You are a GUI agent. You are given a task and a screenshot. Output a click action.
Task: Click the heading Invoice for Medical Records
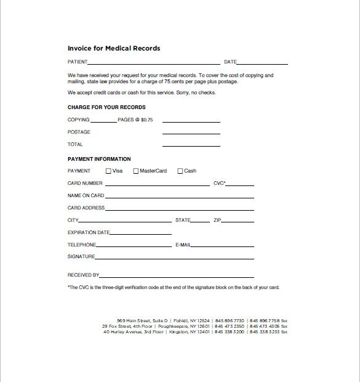point(114,48)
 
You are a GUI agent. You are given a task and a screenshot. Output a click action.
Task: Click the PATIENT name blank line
point(154,63)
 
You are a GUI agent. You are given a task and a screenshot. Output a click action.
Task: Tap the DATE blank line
point(262,63)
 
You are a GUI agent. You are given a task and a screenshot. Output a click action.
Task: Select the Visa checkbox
point(109,171)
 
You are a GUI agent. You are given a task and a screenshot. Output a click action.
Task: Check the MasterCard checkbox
point(136,171)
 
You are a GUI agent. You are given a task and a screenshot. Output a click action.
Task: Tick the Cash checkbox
point(180,171)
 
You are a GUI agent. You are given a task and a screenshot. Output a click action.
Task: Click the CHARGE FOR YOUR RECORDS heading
point(106,107)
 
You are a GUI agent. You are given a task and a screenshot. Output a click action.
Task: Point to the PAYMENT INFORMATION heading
point(99,159)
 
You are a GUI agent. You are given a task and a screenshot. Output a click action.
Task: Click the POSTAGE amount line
point(191,133)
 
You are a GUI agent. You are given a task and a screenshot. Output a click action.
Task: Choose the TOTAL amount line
point(191,145)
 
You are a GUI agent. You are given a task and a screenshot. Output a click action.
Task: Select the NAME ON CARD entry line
point(180,197)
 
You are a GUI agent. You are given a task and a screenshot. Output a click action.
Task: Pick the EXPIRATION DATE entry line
point(141,234)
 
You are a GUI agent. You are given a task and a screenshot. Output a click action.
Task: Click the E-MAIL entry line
point(223,246)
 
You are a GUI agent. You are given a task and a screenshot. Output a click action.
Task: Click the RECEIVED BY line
point(177,277)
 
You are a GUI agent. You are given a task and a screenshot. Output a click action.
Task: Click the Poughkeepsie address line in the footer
point(194,326)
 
